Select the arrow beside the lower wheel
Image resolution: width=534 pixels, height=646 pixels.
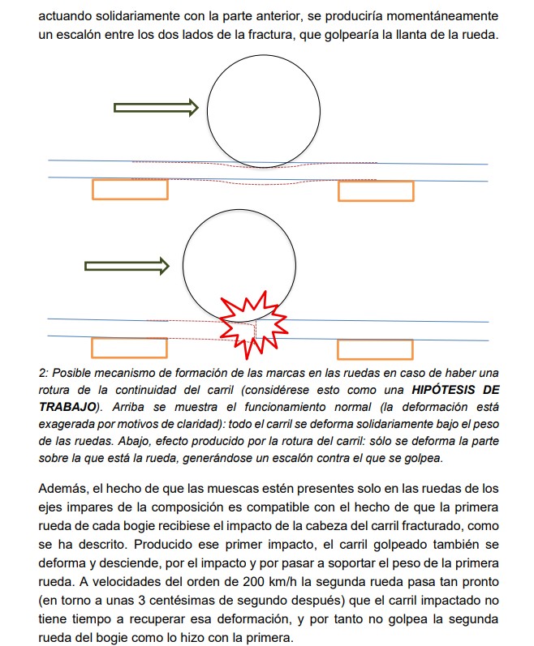(x=127, y=266)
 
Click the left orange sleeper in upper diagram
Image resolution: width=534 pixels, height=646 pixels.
(x=130, y=190)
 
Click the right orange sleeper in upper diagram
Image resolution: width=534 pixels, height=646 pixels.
(x=376, y=191)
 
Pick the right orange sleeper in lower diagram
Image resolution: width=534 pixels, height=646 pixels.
(x=375, y=349)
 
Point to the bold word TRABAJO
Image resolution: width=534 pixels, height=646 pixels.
(x=67, y=404)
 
